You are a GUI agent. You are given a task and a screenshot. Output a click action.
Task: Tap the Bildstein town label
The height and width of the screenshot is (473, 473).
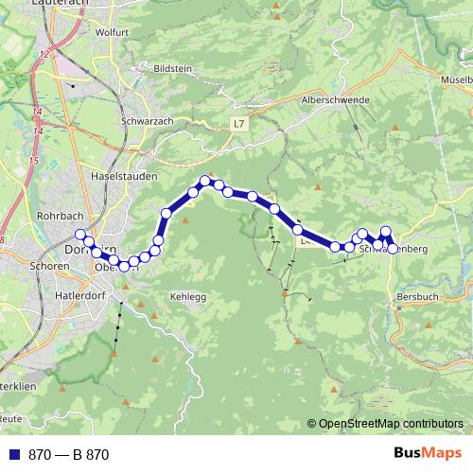coord(171,70)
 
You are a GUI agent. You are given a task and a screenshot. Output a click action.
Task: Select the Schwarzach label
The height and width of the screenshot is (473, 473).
coord(147,123)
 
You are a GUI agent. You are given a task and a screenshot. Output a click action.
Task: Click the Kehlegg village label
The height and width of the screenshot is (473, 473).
coord(186,297)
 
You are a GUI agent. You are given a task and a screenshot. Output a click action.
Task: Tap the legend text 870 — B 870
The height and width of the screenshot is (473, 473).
coord(69,455)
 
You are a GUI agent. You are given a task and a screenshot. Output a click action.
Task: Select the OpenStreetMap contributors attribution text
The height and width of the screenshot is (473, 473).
coord(390,424)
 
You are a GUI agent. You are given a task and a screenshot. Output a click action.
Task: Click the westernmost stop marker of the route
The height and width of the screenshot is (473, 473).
coord(80,235)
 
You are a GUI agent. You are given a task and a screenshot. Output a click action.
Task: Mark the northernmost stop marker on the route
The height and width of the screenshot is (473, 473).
coord(204,181)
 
